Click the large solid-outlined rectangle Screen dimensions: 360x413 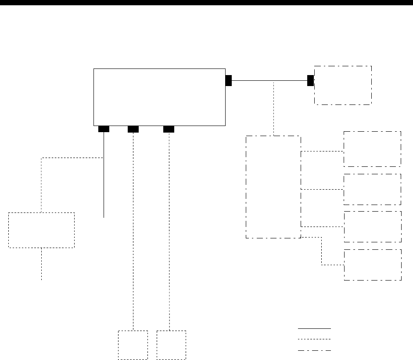pyautogui.click(x=160, y=97)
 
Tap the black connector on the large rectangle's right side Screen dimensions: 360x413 pyautogui.click(x=228, y=80)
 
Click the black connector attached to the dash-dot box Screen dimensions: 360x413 pyautogui.click(x=310, y=80)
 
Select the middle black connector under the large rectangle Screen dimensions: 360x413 pyautogui.click(x=133, y=129)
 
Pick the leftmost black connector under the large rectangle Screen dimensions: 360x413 pyautogui.click(x=104, y=129)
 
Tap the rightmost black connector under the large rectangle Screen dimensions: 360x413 pyautogui.click(x=169, y=129)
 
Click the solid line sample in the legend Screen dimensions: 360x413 pyautogui.click(x=314, y=328)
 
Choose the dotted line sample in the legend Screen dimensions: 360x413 pyautogui.click(x=314, y=339)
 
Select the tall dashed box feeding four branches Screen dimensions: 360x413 pyautogui.click(x=273, y=187)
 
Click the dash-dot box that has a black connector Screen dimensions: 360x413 pyautogui.click(x=343, y=85)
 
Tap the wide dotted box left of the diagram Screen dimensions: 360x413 pyautogui.click(x=41, y=230)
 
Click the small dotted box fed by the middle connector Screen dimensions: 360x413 pyautogui.click(x=133, y=345)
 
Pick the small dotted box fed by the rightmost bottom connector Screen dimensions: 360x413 pyautogui.click(x=171, y=345)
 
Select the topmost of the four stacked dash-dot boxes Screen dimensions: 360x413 pyautogui.click(x=372, y=148)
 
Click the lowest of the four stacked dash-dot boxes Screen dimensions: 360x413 pyautogui.click(x=373, y=265)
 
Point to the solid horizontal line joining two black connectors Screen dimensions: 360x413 pyautogui.click(x=269, y=81)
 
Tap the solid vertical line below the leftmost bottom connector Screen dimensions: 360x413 pyautogui.click(x=104, y=184)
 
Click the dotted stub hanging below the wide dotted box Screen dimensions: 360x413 pyautogui.click(x=42, y=263)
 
